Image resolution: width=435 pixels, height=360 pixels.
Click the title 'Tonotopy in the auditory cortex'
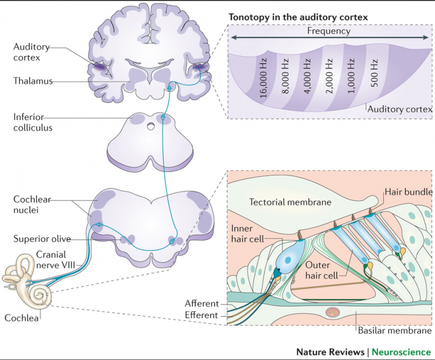tap(298, 18)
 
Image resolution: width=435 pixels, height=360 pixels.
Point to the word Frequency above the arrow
tap(329, 31)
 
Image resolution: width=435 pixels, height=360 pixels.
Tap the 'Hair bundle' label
tap(408, 192)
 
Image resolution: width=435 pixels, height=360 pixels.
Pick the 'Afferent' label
tap(202, 304)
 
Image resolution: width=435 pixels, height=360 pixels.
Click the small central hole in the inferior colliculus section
tap(150, 127)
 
